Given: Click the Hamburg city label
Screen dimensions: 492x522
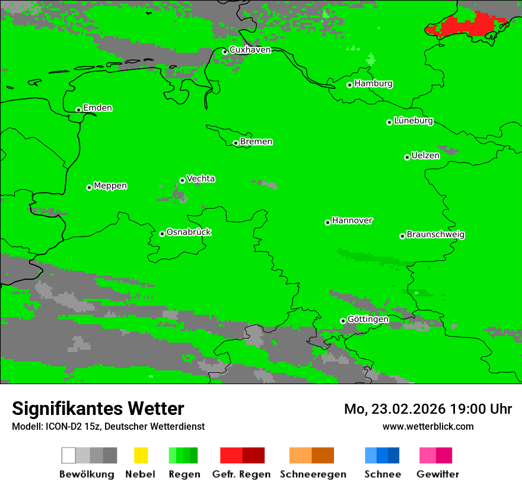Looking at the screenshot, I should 373,84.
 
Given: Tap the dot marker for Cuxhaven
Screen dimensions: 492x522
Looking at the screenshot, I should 225,52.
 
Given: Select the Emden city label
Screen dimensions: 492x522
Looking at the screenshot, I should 97,108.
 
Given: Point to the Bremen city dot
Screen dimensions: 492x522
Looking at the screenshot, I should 235,143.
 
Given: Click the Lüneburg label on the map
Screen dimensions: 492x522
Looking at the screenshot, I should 413,121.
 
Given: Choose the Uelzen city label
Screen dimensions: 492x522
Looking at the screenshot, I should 425,156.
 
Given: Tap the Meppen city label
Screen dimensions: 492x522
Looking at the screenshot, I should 110,186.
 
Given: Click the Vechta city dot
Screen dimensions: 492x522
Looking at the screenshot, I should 182,180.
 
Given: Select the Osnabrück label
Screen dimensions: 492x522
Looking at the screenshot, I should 189,232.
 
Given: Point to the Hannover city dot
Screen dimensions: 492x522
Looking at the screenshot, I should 327,222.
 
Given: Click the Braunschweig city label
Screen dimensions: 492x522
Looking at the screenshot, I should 435,235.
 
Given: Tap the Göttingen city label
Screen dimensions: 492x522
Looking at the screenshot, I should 368,320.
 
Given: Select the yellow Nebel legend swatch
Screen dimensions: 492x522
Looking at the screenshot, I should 141,455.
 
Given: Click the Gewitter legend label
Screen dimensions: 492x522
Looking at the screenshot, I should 437,474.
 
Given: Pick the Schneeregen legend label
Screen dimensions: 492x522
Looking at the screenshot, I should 313,474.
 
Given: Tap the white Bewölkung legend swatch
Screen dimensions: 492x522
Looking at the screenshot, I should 69,455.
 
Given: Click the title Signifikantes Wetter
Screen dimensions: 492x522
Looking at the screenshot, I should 98,408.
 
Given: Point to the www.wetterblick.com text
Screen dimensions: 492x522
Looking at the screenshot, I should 428,426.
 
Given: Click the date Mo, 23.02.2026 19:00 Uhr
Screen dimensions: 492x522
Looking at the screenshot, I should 428,409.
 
